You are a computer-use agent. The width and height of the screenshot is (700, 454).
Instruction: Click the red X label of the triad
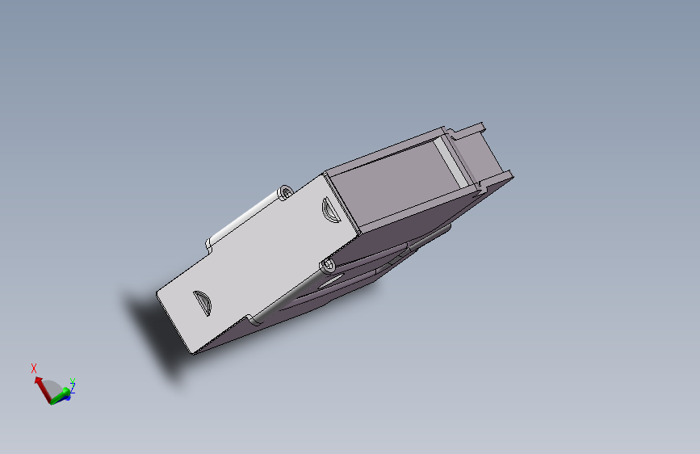tap(34, 368)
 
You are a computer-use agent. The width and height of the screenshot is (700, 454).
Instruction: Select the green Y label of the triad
tap(73, 380)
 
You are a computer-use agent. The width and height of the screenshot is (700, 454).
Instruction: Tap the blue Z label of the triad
tap(71, 389)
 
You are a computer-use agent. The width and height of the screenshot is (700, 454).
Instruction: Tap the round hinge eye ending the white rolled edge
tap(286, 192)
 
